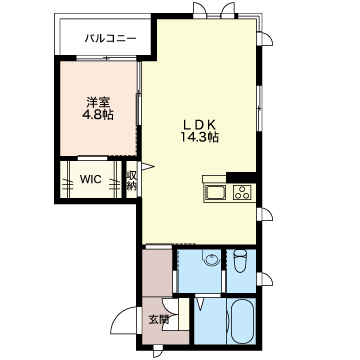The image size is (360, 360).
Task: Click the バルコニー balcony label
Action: (110, 38)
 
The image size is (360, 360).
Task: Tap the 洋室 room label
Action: (98, 101)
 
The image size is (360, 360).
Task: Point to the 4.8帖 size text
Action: (98, 115)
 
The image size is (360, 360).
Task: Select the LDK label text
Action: (199, 125)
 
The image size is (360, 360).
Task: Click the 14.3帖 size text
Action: (199, 137)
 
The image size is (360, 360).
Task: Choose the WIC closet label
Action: (90, 179)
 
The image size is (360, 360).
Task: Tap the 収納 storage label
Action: (132, 180)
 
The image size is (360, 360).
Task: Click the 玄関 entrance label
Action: (159, 320)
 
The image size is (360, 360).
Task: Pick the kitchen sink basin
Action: (215, 192)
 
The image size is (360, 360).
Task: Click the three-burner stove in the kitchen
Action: (242, 192)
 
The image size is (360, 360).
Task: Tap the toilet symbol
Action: (240, 260)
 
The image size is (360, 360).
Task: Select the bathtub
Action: (243, 321)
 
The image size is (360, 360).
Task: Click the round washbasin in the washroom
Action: (211, 260)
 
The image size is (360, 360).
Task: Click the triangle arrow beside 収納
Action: (148, 166)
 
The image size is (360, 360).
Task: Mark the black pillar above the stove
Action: (241, 177)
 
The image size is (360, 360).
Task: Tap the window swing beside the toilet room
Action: (267, 279)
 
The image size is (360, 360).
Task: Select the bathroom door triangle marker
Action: (200, 304)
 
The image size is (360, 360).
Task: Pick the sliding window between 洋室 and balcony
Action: (107, 59)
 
